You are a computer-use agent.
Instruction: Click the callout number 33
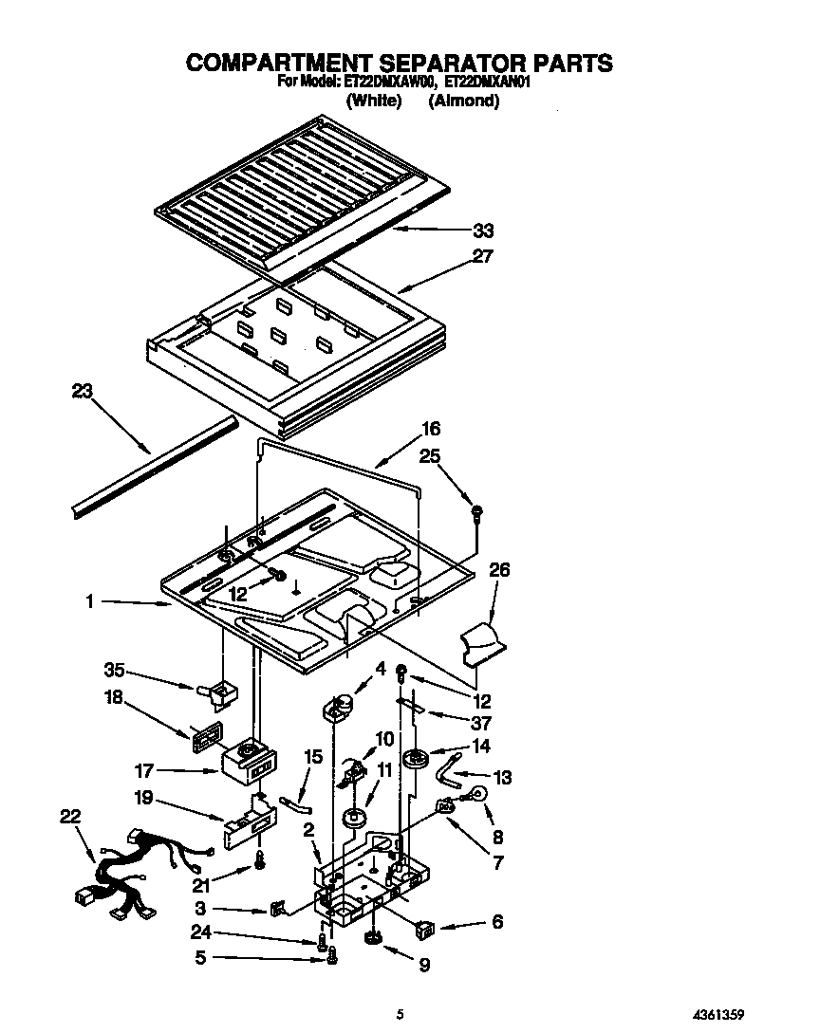pyautogui.click(x=483, y=231)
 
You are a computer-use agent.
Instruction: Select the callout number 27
pyautogui.click(x=483, y=256)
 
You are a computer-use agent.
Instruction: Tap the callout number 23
pyautogui.click(x=84, y=391)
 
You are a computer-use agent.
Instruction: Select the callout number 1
pyautogui.click(x=91, y=601)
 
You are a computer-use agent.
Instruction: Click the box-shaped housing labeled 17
pyautogui.click(x=249, y=764)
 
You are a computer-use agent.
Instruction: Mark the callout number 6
pyautogui.click(x=497, y=922)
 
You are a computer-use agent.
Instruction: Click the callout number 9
pyautogui.click(x=423, y=967)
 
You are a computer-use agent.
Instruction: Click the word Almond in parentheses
pyautogui.click(x=464, y=100)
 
